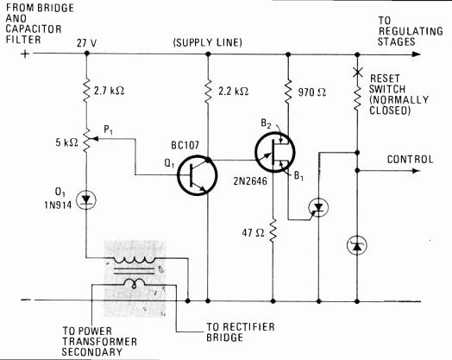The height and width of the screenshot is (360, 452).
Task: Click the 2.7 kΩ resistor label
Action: pyautogui.click(x=110, y=91)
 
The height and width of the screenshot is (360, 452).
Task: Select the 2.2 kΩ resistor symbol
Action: pyautogui.click(x=208, y=92)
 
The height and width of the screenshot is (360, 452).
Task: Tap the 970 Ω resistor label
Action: pyautogui.click(x=312, y=92)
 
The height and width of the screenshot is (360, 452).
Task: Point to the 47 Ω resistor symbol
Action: pyautogui.click(x=273, y=231)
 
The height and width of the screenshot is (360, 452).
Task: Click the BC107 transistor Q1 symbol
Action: pyautogui.click(x=198, y=175)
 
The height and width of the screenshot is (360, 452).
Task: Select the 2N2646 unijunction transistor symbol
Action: pyautogui.click(x=275, y=152)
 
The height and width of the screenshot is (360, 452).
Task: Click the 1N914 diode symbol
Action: pyautogui.click(x=86, y=200)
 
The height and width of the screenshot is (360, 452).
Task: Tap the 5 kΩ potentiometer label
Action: pyautogui.click(x=67, y=142)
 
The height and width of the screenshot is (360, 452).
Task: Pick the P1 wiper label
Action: pyautogui.click(x=108, y=130)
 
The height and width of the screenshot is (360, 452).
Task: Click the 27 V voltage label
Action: pyautogui.click(x=86, y=43)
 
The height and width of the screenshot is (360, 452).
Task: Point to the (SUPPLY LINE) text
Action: pyautogui.click(x=208, y=42)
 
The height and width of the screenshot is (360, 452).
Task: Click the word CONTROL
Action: pyautogui.click(x=411, y=160)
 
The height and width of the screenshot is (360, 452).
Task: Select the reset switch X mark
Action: pyautogui.click(x=357, y=73)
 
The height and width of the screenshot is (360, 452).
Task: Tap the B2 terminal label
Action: pyautogui.click(x=266, y=123)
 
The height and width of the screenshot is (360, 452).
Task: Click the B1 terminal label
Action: pyautogui.click(x=298, y=175)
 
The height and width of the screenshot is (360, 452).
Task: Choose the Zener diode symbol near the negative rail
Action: pyautogui.click(x=357, y=245)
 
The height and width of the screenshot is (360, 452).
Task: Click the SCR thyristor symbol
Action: pyautogui.click(x=318, y=207)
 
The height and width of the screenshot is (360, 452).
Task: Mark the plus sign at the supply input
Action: pyautogui.click(x=25, y=54)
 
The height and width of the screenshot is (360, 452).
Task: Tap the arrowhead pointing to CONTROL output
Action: pyautogui.click(x=417, y=170)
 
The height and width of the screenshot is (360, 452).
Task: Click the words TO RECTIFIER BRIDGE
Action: pyautogui.click(x=241, y=332)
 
